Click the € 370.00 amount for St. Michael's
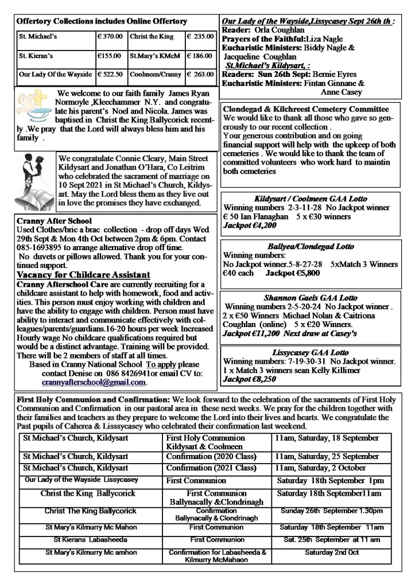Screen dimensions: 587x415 click(109, 36)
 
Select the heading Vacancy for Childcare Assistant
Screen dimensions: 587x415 click(84, 275)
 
